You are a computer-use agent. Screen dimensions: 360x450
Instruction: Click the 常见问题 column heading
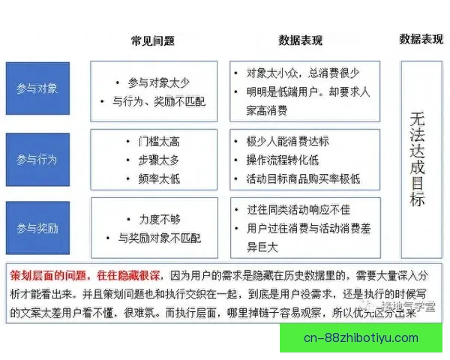coord(154,39)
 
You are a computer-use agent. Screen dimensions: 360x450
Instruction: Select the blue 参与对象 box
coord(37,88)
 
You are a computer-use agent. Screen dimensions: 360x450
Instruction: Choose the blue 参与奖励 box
coord(37,227)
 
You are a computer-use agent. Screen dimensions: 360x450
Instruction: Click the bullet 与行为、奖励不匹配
coord(158,100)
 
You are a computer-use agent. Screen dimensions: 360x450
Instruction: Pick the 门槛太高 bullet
coord(159,141)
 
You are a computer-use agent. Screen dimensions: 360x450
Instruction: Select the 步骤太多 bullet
coord(159,160)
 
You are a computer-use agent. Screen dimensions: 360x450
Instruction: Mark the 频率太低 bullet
coord(159,178)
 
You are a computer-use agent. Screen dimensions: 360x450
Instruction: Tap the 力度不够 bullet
coord(159,220)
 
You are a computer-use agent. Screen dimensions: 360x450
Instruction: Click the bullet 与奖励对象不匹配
coord(159,238)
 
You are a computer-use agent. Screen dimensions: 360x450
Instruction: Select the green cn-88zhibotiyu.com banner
coord(361,337)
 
